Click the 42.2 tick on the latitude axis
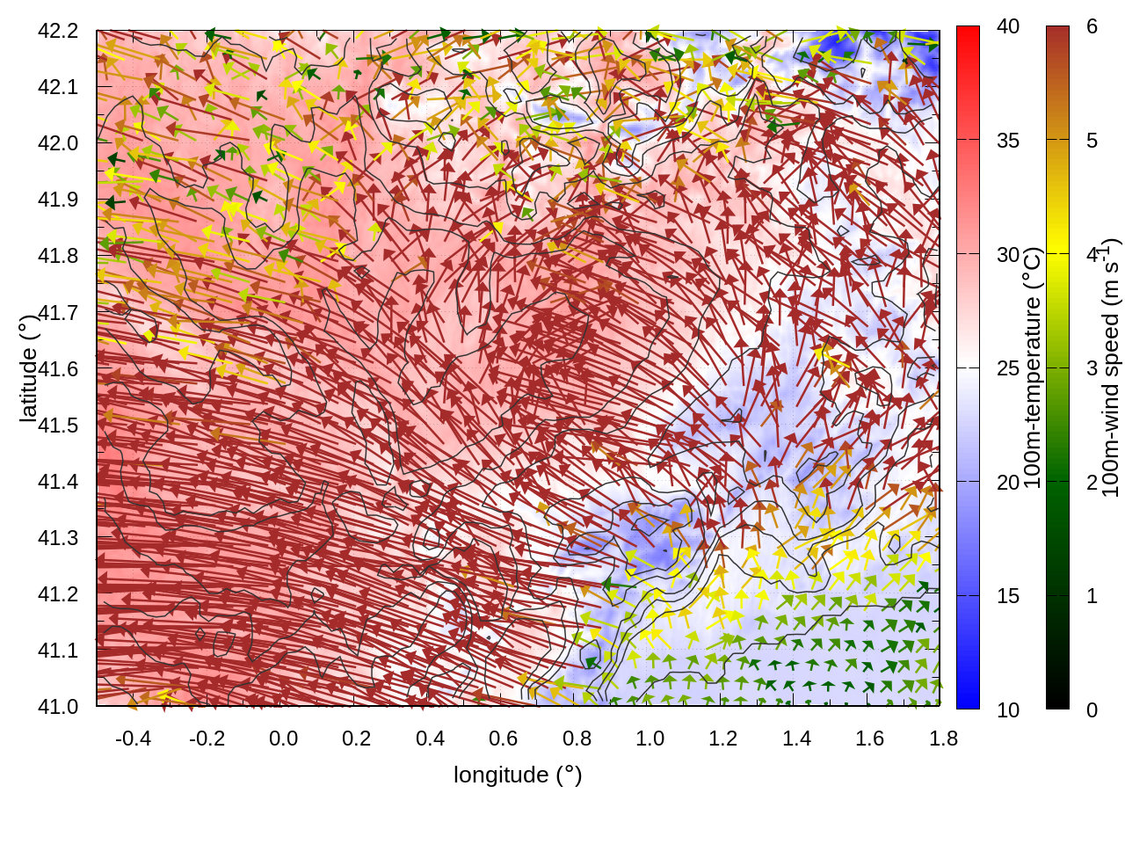[58, 31]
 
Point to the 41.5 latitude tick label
[58, 426]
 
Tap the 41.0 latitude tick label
[58, 707]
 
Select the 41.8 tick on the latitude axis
[58, 256]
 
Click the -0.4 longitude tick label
[133, 738]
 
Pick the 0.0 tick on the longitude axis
[283, 738]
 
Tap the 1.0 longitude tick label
[650, 738]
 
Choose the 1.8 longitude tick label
[943, 738]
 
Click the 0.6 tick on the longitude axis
[503, 738]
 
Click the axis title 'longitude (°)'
[518, 775]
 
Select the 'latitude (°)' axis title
[28, 368]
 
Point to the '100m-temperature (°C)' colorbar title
[1033, 368]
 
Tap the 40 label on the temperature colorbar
[1008, 26]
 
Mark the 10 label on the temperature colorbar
[1008, 710]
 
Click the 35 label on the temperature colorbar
[1008, 141]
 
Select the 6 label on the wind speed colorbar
[1092, 26]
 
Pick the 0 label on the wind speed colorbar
[1092, 710]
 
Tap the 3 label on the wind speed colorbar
[1092, 368]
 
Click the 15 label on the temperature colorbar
[1008, 596]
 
